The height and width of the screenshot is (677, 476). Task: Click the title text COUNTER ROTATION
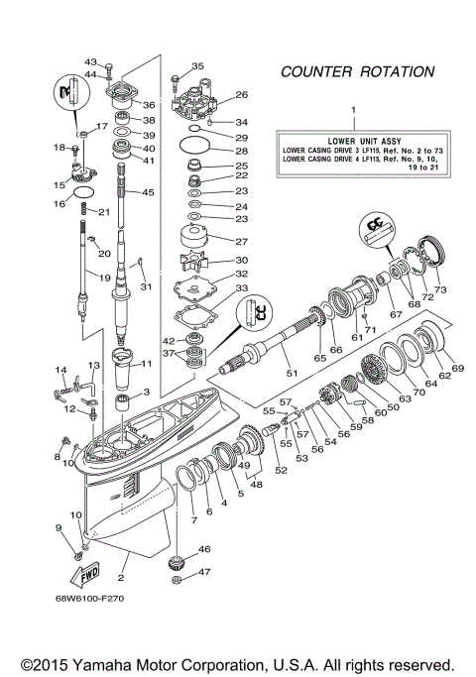coord(357,72)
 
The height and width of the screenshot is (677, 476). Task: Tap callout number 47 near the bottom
coord(205,572)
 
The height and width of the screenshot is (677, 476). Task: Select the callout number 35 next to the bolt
coord(197,66)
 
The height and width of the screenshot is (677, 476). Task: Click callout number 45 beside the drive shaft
coord(149,192)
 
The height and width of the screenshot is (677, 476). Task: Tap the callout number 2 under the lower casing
coord(121,578)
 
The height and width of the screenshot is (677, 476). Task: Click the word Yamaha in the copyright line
coord(132,663)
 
